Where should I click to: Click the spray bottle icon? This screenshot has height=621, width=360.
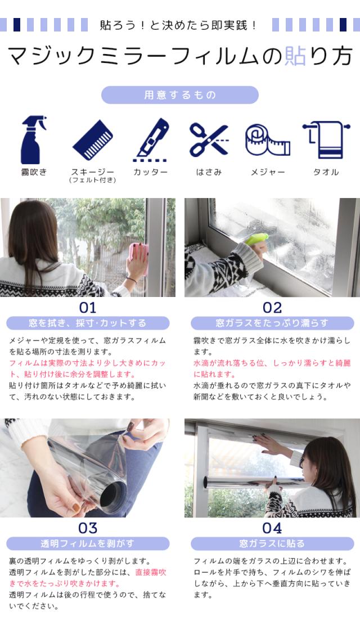point(33,140)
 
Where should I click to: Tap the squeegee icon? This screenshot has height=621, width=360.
point(93,140)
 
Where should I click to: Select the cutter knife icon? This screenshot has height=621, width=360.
point(151,140)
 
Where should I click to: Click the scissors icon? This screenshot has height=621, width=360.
point(209,139)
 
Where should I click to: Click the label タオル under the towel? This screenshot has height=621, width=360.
point(326,172)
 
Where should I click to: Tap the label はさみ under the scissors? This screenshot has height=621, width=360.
point(209,172)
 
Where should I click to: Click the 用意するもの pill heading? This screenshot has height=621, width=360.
point(180,95)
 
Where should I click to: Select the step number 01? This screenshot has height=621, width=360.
point(88,308)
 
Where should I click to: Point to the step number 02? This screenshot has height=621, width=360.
point(272,308)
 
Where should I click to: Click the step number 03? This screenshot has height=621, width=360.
point(88,528)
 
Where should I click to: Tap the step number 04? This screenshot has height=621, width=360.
point(272,528)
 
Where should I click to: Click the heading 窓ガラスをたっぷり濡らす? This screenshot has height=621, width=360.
point(272,323)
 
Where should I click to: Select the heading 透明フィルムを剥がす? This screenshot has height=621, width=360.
point(88,544)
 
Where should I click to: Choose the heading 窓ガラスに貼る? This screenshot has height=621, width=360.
point(272,544)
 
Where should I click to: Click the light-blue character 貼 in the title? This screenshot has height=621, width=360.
point(295,56)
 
